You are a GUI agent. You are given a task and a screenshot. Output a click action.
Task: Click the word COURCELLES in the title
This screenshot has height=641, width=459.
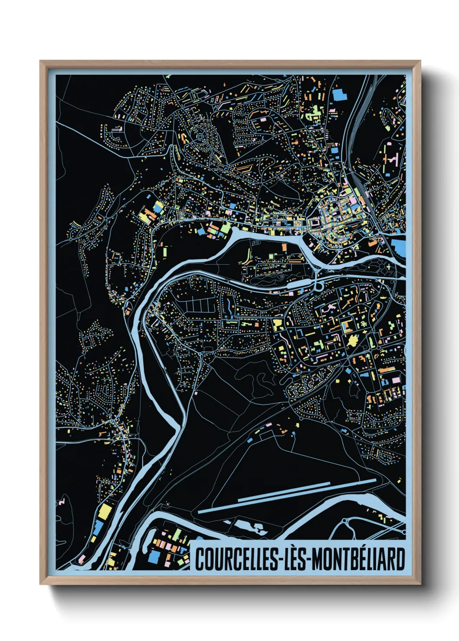[x=236, y=559]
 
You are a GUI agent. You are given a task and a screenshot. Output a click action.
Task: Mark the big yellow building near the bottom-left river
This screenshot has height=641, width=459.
[x=105, y=511]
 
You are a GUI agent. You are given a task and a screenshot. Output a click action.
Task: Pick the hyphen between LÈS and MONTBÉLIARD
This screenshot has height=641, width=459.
[x=308, y=560]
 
